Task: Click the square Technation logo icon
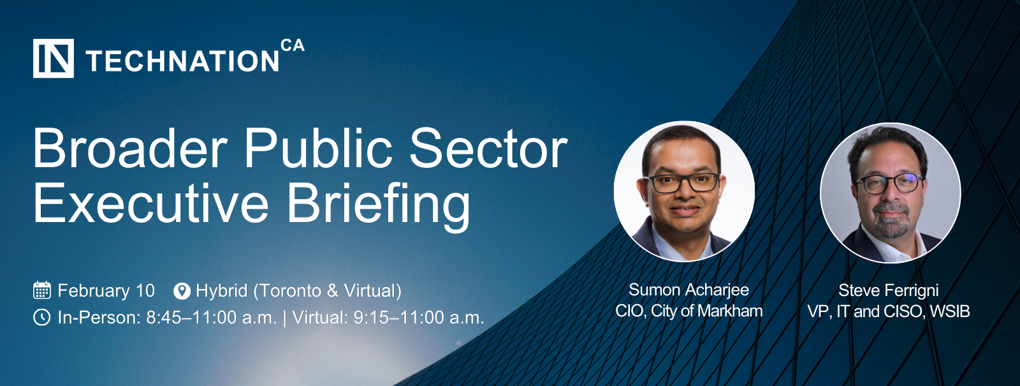pos(54,58)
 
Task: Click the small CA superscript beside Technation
pos(293,45)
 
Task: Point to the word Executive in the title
pos(151,203)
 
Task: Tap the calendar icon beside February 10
pos(42,290)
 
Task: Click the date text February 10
pos(106,291)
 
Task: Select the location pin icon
pos(182,291)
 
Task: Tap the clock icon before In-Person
pos(42,317)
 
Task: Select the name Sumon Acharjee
pos(688,290)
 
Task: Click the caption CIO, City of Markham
pos(689,311)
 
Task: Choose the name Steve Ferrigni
pos(889,290)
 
